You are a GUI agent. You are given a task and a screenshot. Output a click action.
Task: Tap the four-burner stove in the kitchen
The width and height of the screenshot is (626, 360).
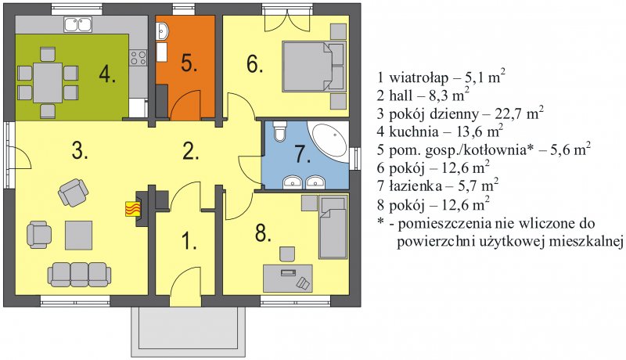coord(139,57)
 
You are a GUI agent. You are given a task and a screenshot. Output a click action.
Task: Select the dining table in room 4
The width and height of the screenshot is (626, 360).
coord(48,83)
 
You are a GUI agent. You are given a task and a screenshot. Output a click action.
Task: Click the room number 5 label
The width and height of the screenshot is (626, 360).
coord(189,63)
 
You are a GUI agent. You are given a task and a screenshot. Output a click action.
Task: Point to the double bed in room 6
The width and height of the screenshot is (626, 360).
coord(313,67)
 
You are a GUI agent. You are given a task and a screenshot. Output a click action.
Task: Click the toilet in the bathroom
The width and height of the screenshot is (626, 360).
coord(279,131)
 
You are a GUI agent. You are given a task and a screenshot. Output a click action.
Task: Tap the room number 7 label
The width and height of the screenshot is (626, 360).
coord(303,154)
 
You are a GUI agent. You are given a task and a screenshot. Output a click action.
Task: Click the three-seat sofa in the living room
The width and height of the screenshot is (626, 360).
coord(79,274)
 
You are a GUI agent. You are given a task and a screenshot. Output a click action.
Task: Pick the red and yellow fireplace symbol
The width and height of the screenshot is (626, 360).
coord(132,209)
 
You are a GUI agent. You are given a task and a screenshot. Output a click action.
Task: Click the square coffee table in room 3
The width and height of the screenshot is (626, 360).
coord(79,236)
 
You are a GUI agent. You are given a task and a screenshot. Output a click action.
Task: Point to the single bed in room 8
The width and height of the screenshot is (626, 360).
coord(332,227)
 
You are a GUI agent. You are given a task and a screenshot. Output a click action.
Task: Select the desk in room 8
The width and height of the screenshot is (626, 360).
coord(287,278)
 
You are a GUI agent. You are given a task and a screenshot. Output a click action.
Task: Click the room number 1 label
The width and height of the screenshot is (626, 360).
coord(189,242)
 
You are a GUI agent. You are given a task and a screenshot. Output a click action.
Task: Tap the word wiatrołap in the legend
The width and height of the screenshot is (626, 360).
coord(419,77)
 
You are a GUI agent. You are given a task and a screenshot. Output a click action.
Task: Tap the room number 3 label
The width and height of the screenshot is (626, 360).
coord(80,151)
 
